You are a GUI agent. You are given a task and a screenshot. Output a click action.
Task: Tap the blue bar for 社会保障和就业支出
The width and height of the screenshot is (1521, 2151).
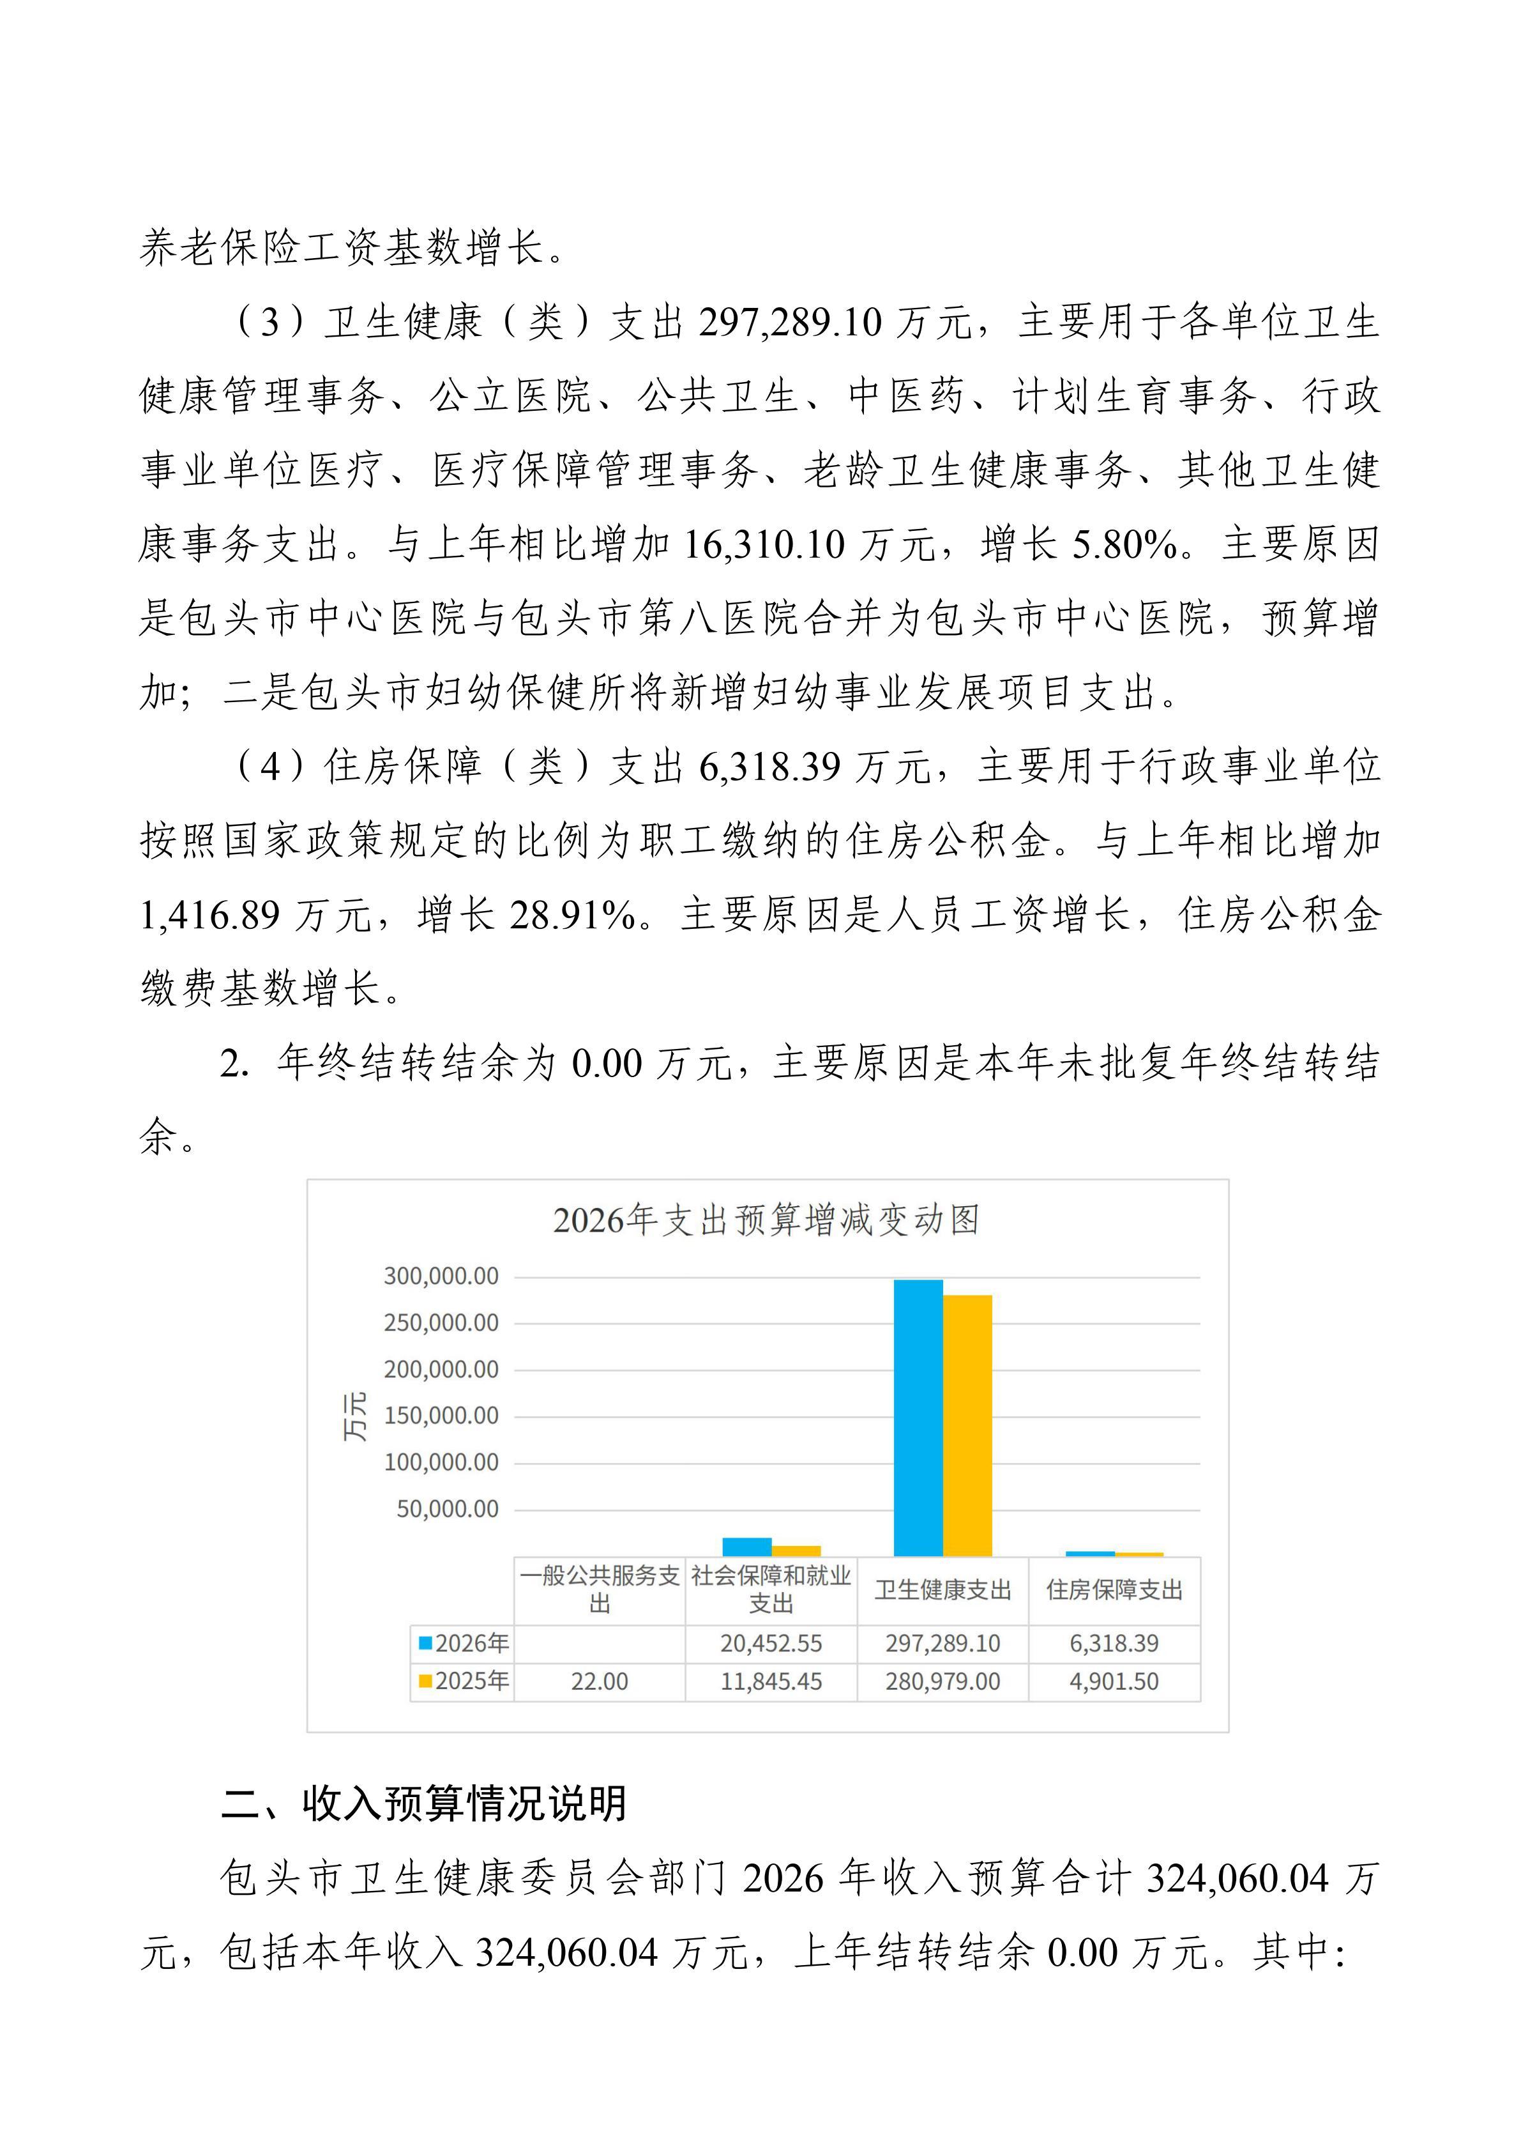pyautogui.click(x=746, y=1546)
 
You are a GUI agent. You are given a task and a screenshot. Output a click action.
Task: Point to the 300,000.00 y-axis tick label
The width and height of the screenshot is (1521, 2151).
pyautogui.click(x=440, y=1276)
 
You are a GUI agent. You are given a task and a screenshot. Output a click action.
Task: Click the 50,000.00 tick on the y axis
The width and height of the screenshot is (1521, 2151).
pyautogui.click(x=447, y=1508)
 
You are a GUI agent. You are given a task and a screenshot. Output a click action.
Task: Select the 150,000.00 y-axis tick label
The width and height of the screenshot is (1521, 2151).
pyautogui.click(x=440, y=1416)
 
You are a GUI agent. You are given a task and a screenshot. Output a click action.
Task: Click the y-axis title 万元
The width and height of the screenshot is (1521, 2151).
pyautogui.click(x=355, y=1416)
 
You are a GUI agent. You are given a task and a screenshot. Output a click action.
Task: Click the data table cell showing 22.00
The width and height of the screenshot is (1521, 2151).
pyautogui.click(x=600, y=1681)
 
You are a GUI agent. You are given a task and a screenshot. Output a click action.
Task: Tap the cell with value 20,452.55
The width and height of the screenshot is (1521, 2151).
pyautogui.click(x=771, y=1643)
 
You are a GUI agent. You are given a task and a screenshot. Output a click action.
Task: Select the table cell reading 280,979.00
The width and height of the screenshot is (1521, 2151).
pyautogui.click(x=942, y=1681)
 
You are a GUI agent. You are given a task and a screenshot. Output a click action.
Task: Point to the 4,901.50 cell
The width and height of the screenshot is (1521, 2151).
pyautogui.click(x=1114, y=1681)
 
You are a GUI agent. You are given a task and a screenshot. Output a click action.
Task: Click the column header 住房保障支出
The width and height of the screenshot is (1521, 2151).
pyautogui.click(x=1114, y=1590)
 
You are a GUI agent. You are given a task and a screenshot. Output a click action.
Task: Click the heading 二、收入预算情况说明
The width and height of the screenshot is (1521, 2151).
pyautogui.click(x=423, y=1803)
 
